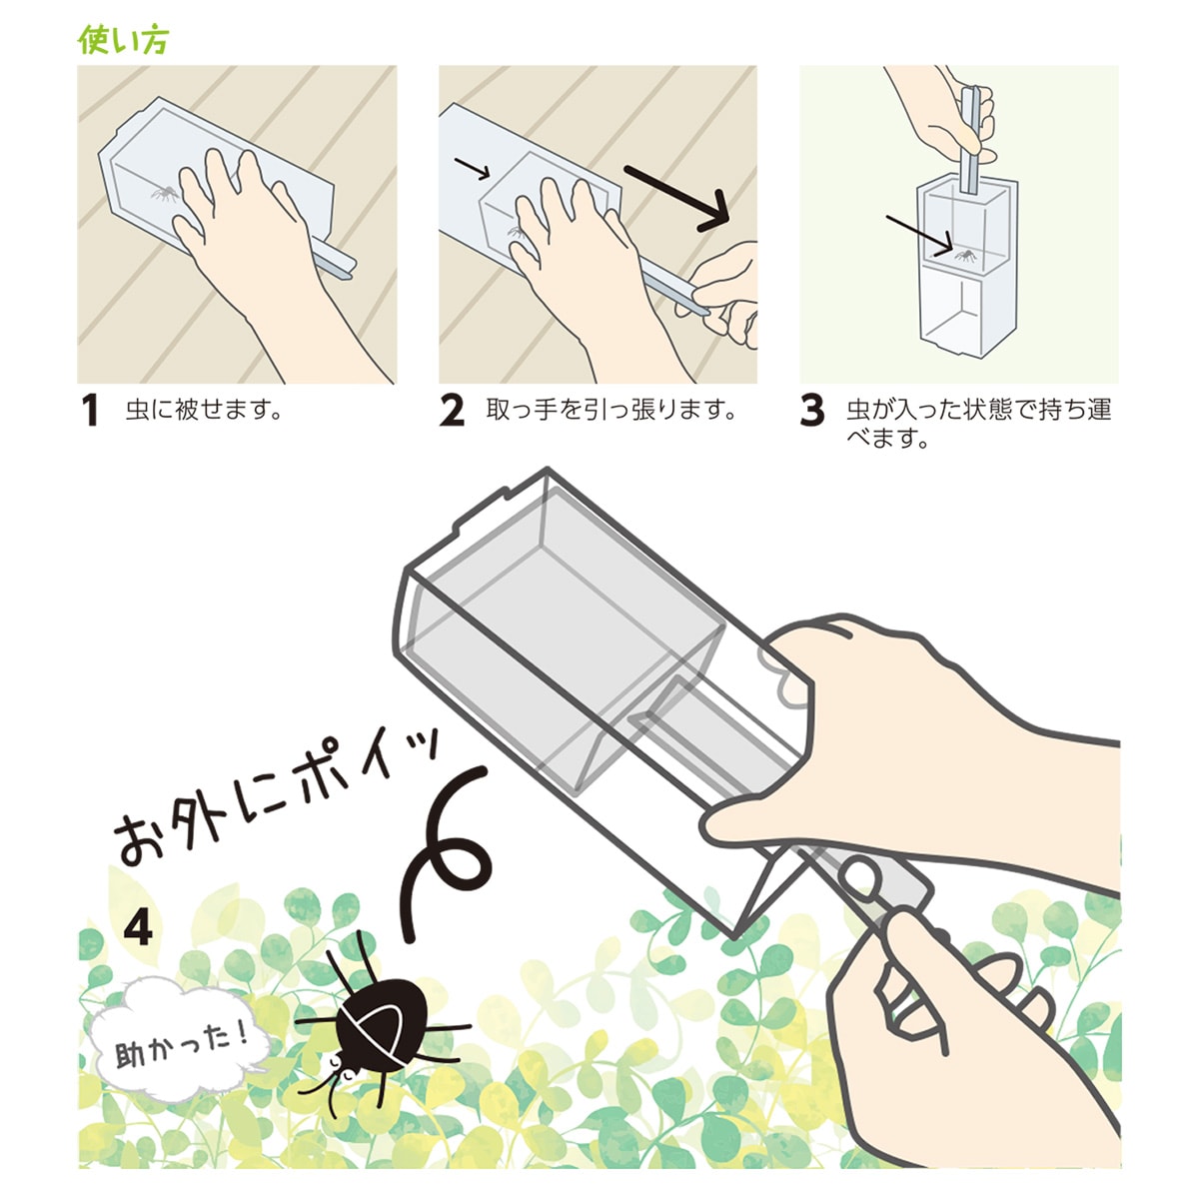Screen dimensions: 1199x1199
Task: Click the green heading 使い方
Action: click(123, 40)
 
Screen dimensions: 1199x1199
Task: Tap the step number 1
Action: click(91, 411)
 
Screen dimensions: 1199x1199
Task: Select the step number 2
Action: click(452, 411)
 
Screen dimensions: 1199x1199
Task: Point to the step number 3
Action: click(812, 411)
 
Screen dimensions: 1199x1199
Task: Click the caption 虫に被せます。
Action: click(205, 410)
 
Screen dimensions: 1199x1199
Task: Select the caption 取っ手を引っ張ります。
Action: click(611, 410)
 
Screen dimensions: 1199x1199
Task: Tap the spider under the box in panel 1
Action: click(165, 194)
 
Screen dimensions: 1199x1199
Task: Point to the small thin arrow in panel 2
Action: click(473, 168)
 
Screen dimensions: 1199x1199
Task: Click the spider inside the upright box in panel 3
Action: click(964, 254)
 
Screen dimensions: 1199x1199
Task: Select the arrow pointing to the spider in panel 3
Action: click(919, 232)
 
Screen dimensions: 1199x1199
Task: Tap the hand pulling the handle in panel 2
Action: click(724, 294)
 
